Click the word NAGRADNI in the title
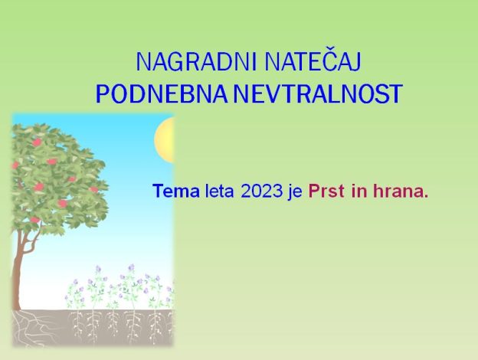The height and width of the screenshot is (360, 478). click(x=195, y=62)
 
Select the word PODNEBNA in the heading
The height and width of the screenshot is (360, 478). click(x=162, y=93)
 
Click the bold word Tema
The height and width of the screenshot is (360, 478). click(x=176, y=191)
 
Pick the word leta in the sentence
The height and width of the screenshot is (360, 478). click(x=220, y=191)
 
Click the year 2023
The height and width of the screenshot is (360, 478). click(x=261, y=191)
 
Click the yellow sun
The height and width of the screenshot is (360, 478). click(x=164, y=140)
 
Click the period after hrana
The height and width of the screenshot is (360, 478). click(x=426, y=196)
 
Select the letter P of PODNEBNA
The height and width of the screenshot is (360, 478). click(x=103, y=93)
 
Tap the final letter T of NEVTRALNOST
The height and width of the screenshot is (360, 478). click(x=396, y=93)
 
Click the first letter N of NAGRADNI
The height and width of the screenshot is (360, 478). click(x=143, y=62)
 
